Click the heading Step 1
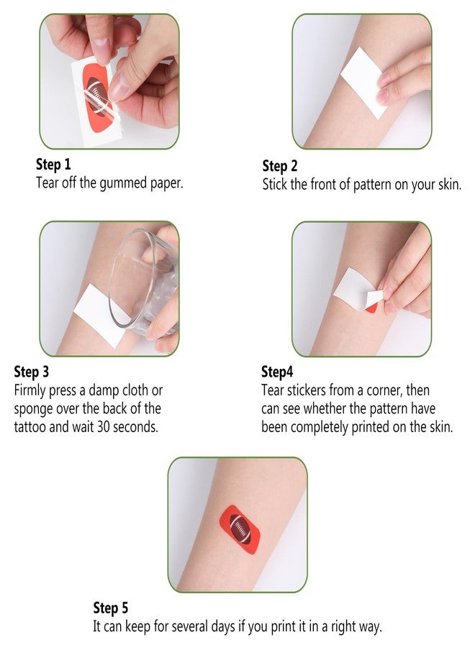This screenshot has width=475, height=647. tap(53, 164)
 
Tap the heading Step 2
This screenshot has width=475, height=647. tap(280, 166)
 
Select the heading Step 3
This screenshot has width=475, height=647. tap(32, 372)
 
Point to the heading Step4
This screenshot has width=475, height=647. tap(277, 372)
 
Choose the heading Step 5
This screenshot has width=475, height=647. tap(111, 607)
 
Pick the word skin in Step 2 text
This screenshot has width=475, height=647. tap(449, 185)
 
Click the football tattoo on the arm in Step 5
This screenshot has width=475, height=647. tap(240, 529)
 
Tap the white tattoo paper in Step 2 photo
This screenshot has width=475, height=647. tap(363, 83)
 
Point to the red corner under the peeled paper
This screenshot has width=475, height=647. tap(371, 308)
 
